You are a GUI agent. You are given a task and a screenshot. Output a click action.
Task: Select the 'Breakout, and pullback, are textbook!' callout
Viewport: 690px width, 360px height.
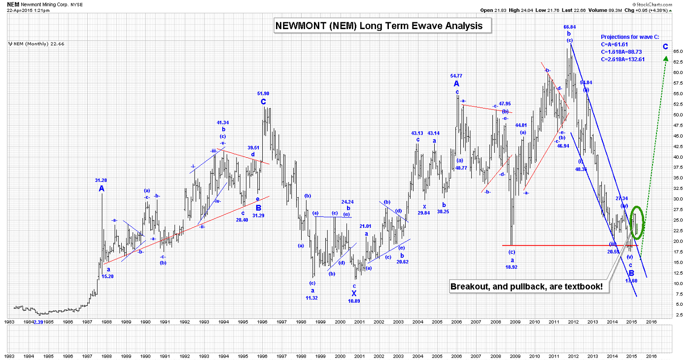coord(528,287)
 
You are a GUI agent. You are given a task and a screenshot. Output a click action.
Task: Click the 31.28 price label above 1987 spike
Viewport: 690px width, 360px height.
coord(102,180)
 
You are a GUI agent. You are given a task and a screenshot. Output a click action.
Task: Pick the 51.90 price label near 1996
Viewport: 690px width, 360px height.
coord(263,93)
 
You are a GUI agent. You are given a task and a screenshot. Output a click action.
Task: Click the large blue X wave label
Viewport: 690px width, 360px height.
coord(354,292)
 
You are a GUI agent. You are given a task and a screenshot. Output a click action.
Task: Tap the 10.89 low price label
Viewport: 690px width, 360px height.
coord(354,301)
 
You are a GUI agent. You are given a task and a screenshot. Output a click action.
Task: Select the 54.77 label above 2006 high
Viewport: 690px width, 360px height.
coord(456,75)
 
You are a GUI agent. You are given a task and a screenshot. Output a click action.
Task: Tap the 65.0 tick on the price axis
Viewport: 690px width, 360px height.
coord(678,51)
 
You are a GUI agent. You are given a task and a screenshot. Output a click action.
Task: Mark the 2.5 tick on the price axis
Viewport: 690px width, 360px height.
coord(678,315)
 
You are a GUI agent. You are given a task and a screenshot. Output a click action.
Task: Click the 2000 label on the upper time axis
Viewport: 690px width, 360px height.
coord(340,321)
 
